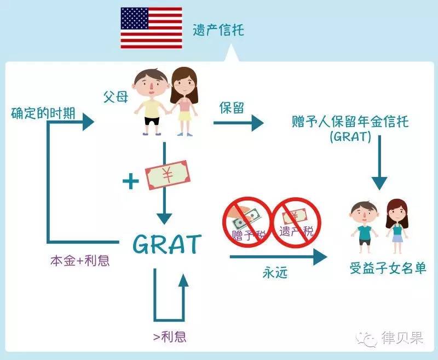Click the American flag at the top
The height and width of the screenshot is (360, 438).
152,28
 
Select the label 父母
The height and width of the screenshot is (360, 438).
116,97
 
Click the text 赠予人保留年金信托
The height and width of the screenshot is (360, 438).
351,121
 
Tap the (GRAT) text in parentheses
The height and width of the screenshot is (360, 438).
351,138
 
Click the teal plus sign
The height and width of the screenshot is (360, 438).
130,181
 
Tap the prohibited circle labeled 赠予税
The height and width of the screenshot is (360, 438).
246,222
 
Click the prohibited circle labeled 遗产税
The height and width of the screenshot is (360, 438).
296,222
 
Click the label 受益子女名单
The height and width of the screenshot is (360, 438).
388,269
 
